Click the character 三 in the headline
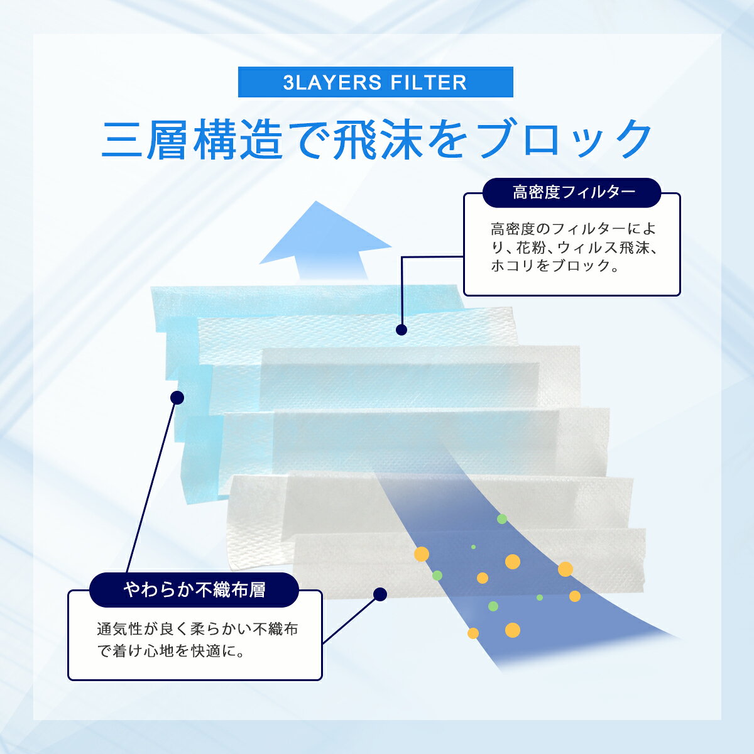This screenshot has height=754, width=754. pyautogui.click(x=122, y=139)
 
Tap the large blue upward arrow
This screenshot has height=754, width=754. pyautogui.click(x=325, y=241)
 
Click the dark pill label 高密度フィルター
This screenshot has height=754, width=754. pyautogui.click(x=571, y=192)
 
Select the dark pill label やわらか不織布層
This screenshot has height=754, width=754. pyautogui.click(x=194, y=589)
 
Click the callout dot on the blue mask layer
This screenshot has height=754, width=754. pyautogui.click(x=177, y=398)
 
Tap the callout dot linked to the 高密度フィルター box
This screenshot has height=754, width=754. pyautogui.click(x=402, y=330)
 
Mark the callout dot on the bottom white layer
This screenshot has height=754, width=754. pyautogui.click(x=380, y=594)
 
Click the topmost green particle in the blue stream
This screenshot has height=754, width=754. pyautogui.click(x=502, y=519)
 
